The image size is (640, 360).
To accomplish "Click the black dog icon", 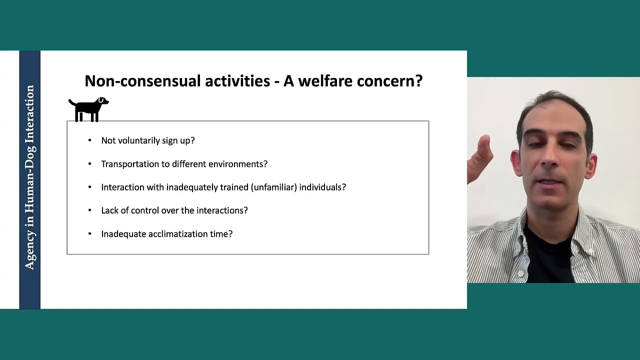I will coord(88,109).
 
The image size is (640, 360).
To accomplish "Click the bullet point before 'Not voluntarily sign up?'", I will coord(90,140).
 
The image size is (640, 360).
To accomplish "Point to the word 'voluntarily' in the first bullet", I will coord(138,140).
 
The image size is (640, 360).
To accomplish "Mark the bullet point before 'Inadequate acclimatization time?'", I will coord(90,234).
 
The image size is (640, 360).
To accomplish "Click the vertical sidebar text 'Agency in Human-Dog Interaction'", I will coord(30,177).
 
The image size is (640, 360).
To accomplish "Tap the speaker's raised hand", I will coord(481,155).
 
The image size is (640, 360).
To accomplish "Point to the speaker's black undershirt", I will coord(547,255).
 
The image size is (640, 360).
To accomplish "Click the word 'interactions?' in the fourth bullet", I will coord(222,210).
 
